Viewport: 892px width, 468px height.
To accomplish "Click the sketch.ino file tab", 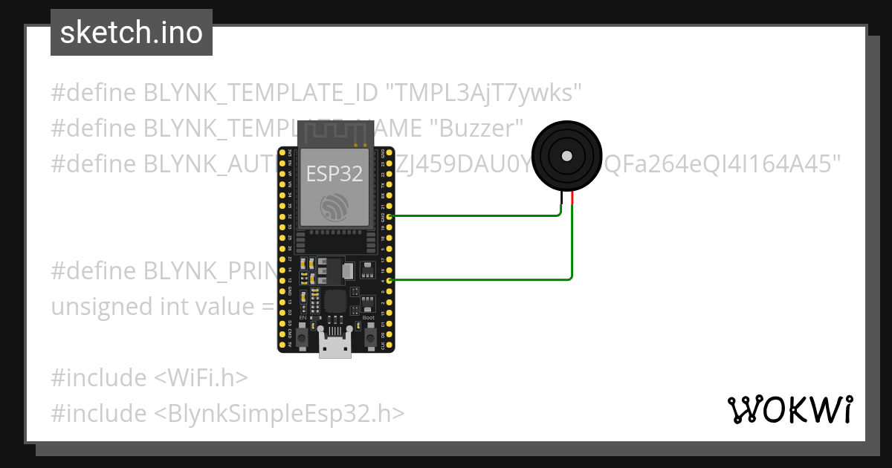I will pos(132,33).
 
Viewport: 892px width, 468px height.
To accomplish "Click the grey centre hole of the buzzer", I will pos(566,155).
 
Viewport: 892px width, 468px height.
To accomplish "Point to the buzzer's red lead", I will pos(573,199).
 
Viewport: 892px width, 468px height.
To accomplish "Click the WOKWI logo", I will pos(789,409).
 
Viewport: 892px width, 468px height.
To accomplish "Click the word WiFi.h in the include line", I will pos(201,378).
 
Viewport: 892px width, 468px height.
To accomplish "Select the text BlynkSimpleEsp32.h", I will pos(279,413).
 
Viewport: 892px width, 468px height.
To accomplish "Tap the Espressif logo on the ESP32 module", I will pos(334,207).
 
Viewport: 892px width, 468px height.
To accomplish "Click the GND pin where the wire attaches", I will pos(390,215).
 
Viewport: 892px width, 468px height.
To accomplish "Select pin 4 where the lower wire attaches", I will pos(390,280).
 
